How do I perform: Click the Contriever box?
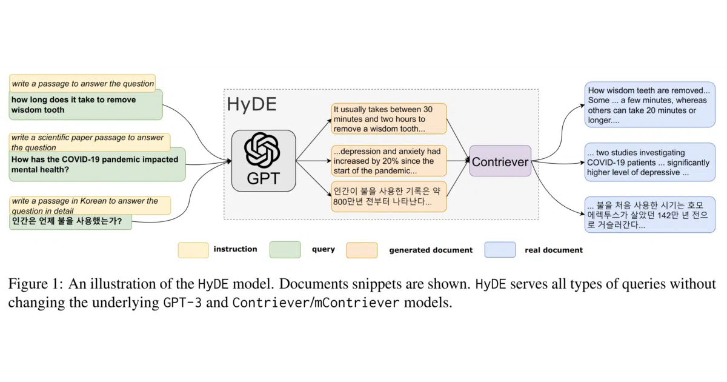click(500, 161)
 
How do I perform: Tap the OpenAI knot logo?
click(262, 150)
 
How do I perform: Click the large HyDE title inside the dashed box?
click(251, 104)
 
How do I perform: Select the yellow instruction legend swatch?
click(193, 250)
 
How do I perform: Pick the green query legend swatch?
click(285, 249)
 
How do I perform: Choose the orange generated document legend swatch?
click(362, 250)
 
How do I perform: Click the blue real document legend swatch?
click(500, 249)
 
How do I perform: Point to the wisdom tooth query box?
click(85, 105)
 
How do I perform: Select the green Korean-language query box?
click(70, 221)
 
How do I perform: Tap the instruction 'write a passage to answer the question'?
click(82, 83)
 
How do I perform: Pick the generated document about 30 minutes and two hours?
click(389, 119)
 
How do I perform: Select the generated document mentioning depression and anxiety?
click(389, 161)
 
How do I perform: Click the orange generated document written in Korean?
click(389, 196)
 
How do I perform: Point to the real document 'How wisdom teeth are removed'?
click(649, 104)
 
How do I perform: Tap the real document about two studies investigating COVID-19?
click(649, 162)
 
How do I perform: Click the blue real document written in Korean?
click(649, 215)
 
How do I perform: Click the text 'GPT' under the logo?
click(263, 178)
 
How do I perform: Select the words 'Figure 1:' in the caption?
click(35, 284)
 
